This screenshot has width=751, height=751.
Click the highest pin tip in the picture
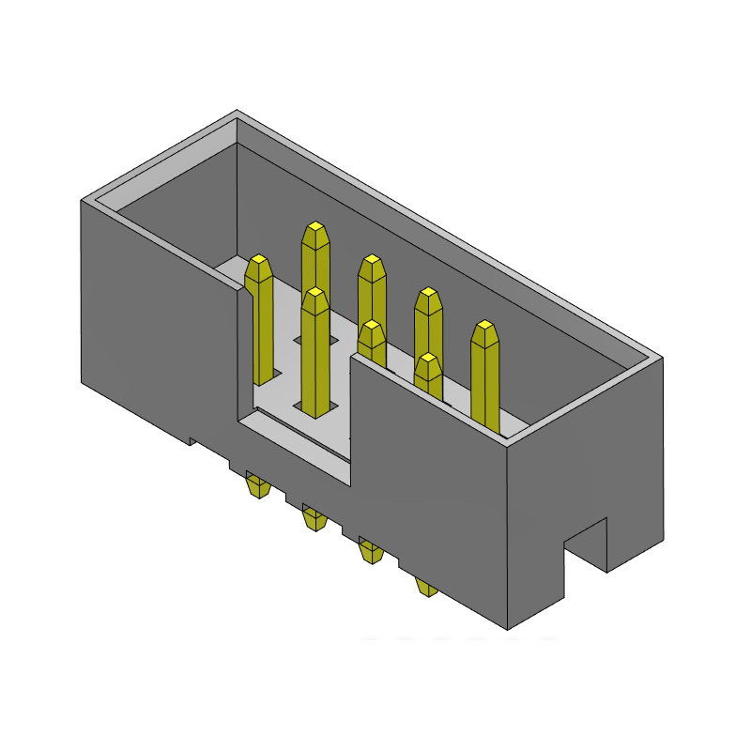pos(315,228)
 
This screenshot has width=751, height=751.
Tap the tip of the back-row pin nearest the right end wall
pos(483,327)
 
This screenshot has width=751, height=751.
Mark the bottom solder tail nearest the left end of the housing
pos(255,487)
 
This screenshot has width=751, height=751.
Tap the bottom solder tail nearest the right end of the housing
pos(427,589)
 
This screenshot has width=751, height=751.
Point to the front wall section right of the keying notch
pos(427,488)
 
